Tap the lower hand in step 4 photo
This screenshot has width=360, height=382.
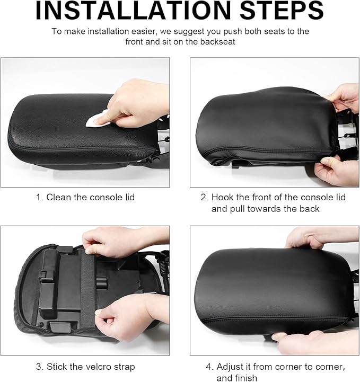[317, 342]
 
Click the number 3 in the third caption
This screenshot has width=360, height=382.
[39, 367]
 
